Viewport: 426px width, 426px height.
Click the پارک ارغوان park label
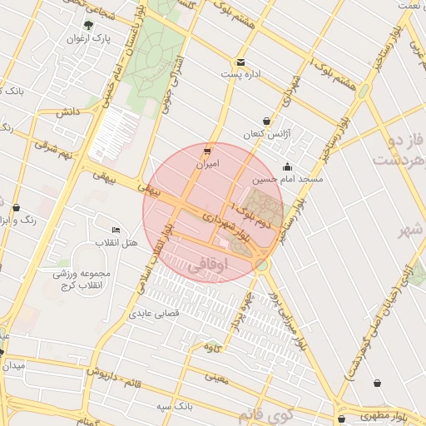coord(90,39)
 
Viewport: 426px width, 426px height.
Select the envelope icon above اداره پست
coord(241,62)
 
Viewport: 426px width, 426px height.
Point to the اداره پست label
coord(241,75)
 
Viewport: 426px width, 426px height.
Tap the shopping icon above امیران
coord(206,151)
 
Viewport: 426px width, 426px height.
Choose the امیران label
coord(206,164)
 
